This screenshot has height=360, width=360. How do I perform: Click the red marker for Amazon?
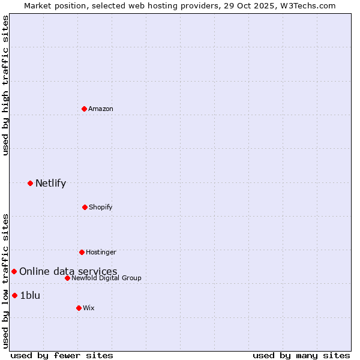84,109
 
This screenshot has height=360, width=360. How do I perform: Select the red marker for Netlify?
30,183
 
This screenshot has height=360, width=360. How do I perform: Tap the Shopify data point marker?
85,207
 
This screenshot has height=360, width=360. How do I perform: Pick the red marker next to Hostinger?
82,252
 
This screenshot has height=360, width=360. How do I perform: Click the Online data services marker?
14,271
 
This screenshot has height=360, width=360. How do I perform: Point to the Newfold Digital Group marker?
67,278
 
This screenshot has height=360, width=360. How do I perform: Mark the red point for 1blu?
14,295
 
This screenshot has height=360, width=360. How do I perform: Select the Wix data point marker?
79,308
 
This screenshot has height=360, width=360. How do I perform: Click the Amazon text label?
101,109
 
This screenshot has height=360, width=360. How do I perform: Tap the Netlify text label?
50,183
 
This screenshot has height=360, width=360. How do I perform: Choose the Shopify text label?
101,207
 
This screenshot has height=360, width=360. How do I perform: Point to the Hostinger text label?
101,252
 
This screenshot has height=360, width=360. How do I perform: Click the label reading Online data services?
68,271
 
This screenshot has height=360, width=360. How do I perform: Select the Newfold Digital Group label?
106,278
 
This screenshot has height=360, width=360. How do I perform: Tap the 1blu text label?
30,295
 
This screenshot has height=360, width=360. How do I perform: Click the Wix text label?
89,308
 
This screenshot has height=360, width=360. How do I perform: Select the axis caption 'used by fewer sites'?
62,355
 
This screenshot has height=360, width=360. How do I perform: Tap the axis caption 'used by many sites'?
301,355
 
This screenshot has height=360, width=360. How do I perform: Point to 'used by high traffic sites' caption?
5,85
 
